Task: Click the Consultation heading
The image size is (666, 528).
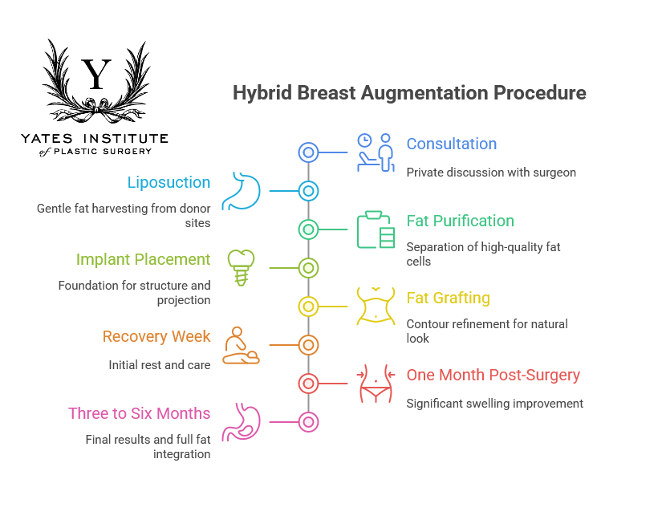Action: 451,144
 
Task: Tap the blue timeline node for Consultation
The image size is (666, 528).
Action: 308,152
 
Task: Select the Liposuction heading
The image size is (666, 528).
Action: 169,183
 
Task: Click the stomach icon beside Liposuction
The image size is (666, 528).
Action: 242,190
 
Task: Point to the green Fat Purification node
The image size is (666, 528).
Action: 308,229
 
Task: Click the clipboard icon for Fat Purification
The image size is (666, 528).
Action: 376,229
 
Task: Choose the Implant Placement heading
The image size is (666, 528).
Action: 143,260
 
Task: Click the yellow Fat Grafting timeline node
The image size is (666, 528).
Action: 308,307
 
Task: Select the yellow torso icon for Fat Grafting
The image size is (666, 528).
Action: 376,306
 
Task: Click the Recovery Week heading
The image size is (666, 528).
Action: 156,337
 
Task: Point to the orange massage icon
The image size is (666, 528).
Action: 241,345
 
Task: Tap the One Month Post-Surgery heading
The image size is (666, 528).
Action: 493,376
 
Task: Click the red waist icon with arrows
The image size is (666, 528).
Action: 376,384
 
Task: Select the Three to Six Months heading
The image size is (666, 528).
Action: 139,414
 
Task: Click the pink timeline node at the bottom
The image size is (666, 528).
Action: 308,422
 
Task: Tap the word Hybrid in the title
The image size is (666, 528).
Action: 262,93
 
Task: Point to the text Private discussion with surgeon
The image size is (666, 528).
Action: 491,173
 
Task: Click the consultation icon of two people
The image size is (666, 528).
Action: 376,152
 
